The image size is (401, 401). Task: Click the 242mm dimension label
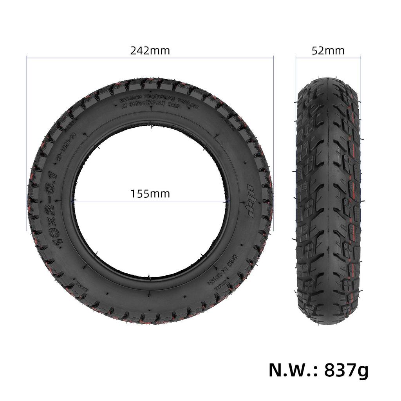click(150, 51)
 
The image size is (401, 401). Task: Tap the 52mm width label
click(328, 51)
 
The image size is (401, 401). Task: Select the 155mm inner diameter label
click(150, 194)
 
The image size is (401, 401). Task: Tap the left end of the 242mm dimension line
click(27, 58)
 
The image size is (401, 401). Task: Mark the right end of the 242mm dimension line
click(273, 58)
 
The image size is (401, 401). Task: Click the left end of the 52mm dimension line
click(296, 58)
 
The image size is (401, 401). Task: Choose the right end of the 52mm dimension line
click(360, 58)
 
